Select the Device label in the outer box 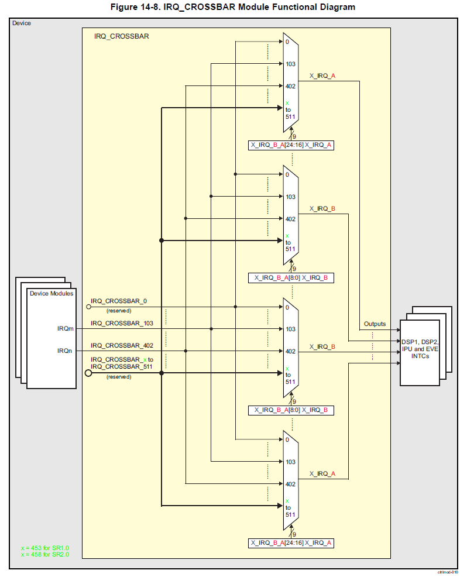22,23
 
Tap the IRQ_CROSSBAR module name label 121,36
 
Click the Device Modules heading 51,293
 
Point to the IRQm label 65,329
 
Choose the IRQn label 65,351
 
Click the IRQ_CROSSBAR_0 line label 119,301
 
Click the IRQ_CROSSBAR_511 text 121,366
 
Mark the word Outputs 375,324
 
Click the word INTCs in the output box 420,356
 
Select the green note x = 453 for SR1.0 44,548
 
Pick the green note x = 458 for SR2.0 44,554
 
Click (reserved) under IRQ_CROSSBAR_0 119,311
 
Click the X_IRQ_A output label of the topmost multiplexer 322,75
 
